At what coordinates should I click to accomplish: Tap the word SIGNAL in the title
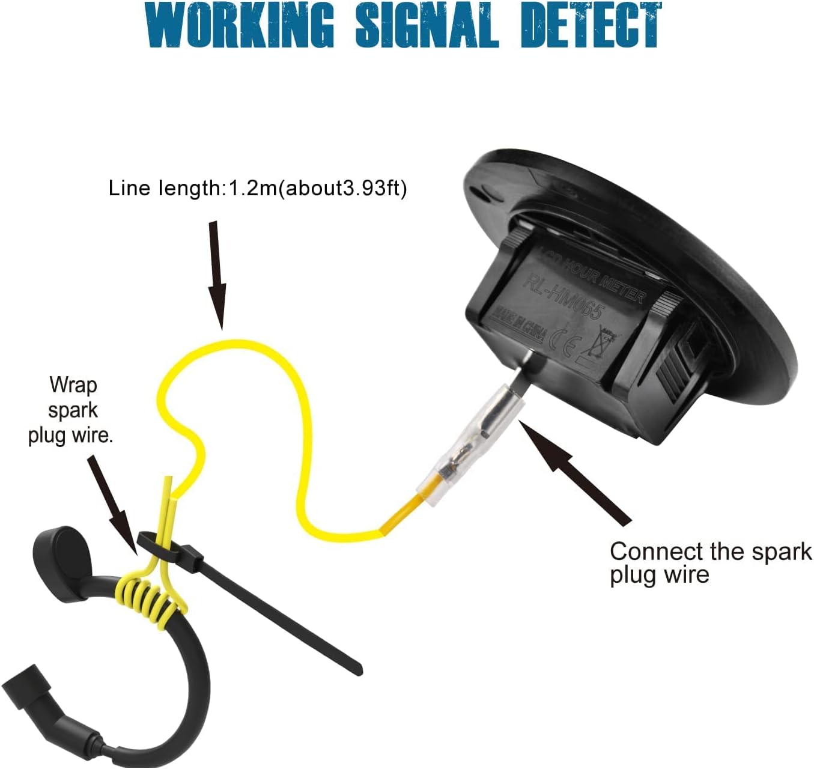[x=427, y=25]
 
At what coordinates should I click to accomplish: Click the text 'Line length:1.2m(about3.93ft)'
[x=258, y=188]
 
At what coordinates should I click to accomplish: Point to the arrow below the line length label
[x=217, y=276]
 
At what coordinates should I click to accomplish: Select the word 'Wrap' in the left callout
[x=73, y=384]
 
